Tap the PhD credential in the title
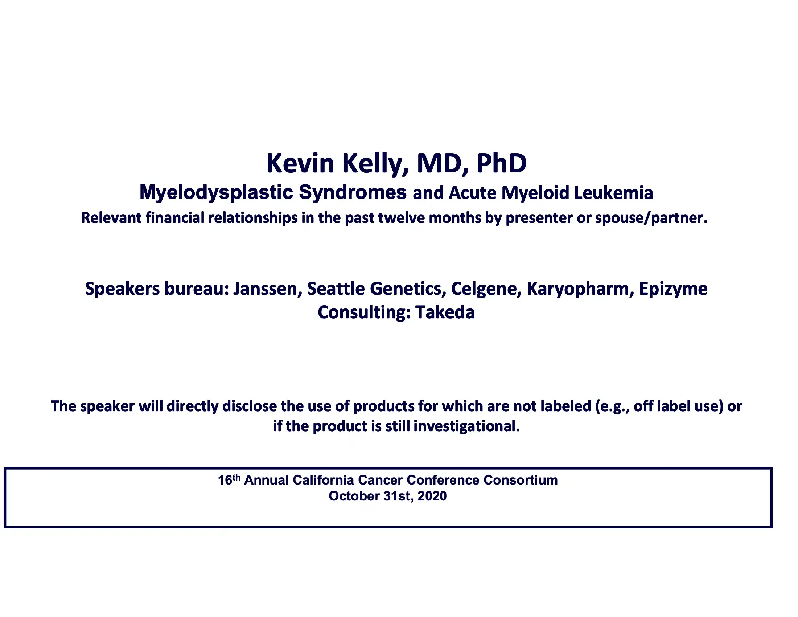coord(501,163)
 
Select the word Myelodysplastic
coord(216,192)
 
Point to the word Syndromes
coord(353,192)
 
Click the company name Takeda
coord(445,312)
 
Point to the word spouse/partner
coord(651,218)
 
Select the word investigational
coord(466,426)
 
